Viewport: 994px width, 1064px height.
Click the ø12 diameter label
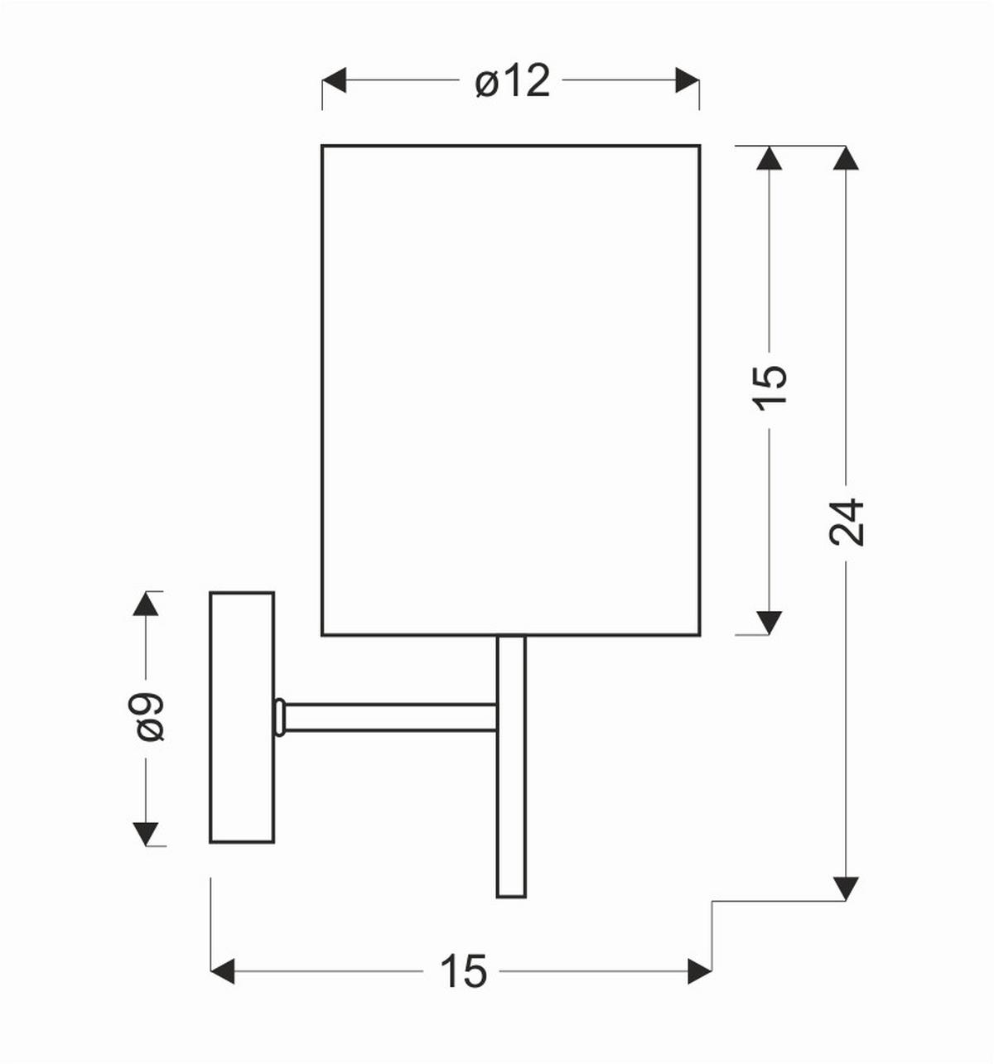pos(512,81)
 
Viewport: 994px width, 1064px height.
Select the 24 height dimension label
pos(846,522)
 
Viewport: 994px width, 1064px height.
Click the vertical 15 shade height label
pos(770,388)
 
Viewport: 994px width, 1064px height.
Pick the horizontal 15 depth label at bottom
pos(463,970)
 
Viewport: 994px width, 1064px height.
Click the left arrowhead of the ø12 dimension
pos(334,80)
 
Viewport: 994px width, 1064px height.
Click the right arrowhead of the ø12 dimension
pos(688,80)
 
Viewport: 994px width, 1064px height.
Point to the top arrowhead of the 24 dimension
pos(845,158)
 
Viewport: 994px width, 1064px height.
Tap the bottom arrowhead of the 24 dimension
pos(845,888)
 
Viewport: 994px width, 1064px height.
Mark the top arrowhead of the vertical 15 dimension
pos(770,158)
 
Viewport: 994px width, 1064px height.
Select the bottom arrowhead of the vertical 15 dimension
pos(770,623)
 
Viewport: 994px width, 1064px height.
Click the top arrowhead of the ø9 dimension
pos(146,604)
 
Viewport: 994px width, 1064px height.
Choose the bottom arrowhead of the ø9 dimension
pos(146,834)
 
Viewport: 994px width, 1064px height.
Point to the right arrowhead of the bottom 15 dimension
pos(700,970)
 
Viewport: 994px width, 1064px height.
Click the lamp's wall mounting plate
pos(242,717)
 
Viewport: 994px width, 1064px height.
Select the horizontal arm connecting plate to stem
pos(389,717)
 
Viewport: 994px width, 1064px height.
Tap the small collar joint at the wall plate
pos(280,717)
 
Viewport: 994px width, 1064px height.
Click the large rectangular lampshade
pos(511,390)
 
